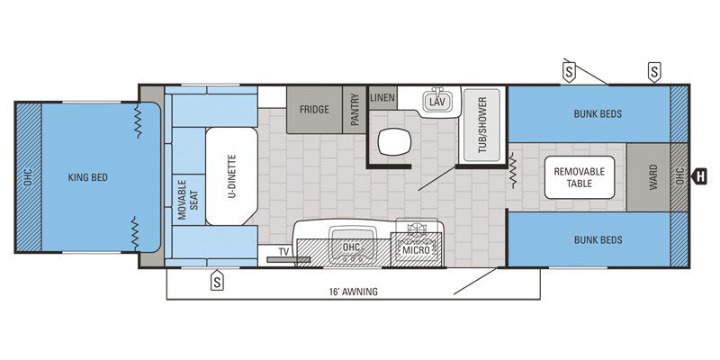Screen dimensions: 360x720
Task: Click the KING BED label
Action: coord(87,177)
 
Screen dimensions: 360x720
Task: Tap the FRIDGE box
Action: coord(314,110)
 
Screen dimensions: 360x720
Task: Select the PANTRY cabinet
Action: coord(355,110)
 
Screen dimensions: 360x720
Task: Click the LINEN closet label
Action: coord(382,97)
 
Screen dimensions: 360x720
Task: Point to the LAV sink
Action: coord(437,102)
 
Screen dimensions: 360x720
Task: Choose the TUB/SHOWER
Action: coord(482,126)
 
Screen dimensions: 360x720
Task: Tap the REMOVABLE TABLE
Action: coord(579,177)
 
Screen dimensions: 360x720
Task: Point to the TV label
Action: coord(283,252)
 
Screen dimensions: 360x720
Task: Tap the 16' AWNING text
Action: coord(353,292)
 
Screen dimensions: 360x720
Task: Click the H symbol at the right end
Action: coord(698,176)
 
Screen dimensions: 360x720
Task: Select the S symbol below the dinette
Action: coord(217,281)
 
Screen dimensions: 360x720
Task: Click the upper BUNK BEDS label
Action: coord(598,114)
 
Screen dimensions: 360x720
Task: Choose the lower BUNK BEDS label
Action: coord(598,239)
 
